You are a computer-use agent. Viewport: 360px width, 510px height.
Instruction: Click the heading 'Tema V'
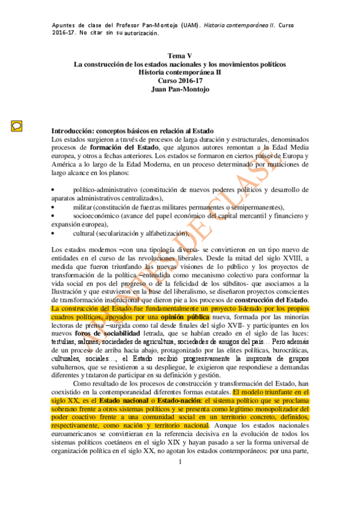(x=180, y=56)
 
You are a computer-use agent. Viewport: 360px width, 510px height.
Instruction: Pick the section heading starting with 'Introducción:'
(x=132, y=131)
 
